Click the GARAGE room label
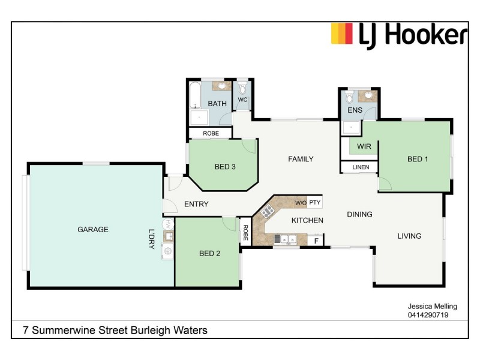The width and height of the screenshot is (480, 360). pyautogui.click(x=93, y=229)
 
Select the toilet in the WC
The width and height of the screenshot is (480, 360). pyautogui.click(x=242, y=88)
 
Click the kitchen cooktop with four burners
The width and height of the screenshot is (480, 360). pyautogui.click(x=268, y=211)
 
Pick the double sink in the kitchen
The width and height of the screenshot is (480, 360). pyautogui.click(x=285, y=239)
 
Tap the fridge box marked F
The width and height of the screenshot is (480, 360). pyautogui.click(x=316, y=241)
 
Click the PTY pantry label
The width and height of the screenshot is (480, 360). pyautogui.click(x=315, y=203)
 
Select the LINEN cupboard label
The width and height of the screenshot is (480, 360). pyautogui.click(x=361, y=167)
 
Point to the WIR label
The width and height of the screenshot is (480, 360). pyautogui.click(x=364, y=146)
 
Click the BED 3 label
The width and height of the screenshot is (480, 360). pyautogui.click(x=225, y=167)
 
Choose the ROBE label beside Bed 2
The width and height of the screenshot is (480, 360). pyautogui.click(x=245, y=232)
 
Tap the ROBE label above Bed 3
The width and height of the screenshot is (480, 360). pyautogui.click(x=211, y=133)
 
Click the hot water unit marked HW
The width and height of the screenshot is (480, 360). pyautogui.click(x=169, y=224)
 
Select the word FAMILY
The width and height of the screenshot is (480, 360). pyautogui.click(x=301, y=159)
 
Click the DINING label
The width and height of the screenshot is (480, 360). pyautogui.click(x=359, y=214)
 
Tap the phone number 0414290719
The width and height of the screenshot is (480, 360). pyautogui.click(x=428, y=314)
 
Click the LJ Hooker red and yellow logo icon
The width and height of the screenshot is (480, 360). pyautogui.click(x=342, y=34)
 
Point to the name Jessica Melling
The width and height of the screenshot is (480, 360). pyautogui.click(x=428, y=307)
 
